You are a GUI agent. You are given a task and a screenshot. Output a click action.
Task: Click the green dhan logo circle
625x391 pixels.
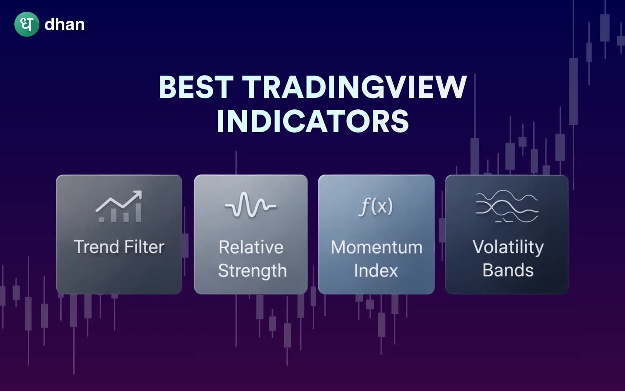[27, 24]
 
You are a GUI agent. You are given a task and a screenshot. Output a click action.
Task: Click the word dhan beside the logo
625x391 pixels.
[64, 25]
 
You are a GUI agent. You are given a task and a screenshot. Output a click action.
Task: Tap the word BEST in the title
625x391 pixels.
[196, 87]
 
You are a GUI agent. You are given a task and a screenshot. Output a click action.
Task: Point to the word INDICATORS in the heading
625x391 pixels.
[312, 121]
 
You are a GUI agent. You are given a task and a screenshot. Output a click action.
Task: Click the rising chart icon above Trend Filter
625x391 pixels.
[119, 207]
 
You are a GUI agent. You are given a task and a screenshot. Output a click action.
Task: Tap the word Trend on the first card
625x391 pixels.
[96, 247]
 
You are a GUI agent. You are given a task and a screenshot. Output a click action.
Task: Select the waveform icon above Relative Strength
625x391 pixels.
[251, 205]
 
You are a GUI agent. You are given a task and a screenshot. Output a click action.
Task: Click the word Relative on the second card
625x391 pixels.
[251, 248]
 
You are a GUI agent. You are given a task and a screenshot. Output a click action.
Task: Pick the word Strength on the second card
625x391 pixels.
[252, 271]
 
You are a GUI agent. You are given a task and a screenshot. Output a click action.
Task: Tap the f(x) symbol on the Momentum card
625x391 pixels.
[376, 206]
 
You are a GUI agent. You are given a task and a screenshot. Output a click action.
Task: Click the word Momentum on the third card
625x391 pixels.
[376, 248]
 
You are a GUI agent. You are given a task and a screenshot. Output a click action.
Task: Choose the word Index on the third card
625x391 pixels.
[376, 271]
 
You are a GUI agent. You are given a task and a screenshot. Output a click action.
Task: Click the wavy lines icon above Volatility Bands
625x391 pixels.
[507, 207]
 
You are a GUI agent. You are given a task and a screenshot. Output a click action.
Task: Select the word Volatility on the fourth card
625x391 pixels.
[508, 248]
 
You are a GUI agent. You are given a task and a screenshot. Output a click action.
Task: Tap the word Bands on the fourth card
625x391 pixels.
[508, 270]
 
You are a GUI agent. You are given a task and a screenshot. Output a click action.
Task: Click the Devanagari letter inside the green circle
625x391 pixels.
[27, 24]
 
